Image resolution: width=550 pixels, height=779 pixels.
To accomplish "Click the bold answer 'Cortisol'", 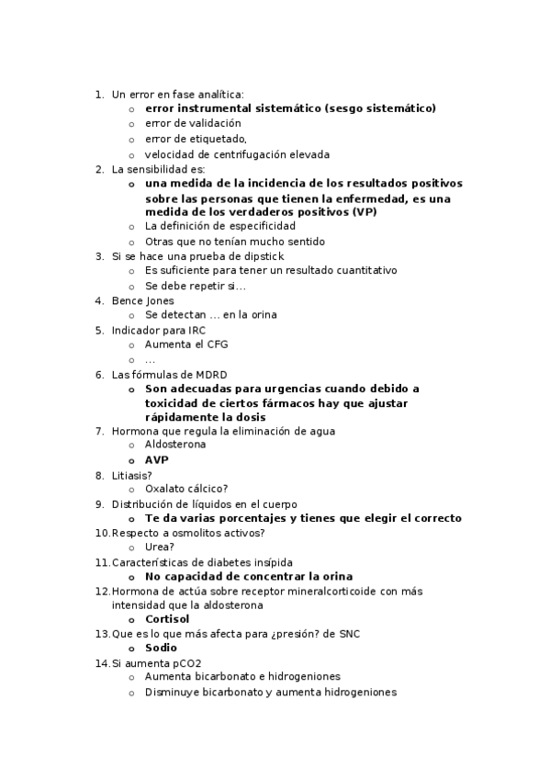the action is pyautogui.click(x=167, y=619).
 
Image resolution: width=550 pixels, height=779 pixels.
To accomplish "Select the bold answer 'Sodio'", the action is pyautogui.click(x=161, y=648).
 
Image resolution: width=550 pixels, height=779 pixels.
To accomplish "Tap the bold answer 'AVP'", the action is pyautogui.click(x=157, y=459).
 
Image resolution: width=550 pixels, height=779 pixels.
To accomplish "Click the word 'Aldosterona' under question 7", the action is pyautogui.click(x=175, y=445).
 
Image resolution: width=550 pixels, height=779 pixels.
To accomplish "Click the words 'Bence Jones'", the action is pyautogui.click(x=142, y=300).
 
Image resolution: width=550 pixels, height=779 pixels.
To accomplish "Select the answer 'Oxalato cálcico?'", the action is pyautogui.click(x=186, y=489).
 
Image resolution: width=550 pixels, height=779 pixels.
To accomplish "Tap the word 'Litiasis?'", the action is pyautogui.click(x=132, y=475).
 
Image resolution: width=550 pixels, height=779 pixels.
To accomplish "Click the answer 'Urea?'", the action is pyautogui.click(x=160, y=547).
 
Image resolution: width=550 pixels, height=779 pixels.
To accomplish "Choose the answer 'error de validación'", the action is pyautogui.click(x=193, y=123).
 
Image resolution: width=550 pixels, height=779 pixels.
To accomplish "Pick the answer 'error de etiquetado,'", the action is pyautogui.click(x=196, y=139).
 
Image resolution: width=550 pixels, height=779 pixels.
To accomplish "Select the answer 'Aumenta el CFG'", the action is pyautogui.click(x=186, y=344).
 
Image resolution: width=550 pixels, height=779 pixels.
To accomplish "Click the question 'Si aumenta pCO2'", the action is pyautogui.click(x=157, y=663).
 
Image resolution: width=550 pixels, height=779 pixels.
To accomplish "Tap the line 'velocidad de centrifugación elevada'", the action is pyautogui.click(x=237, y=154).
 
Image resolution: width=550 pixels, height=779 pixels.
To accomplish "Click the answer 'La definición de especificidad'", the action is pyautogui.click(x=220, y=226).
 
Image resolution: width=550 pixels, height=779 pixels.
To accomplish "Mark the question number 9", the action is pyautogui.click(x=99, y=503).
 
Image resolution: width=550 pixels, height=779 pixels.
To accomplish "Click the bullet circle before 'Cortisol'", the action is pyautogui.click(x=132, y=620).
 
